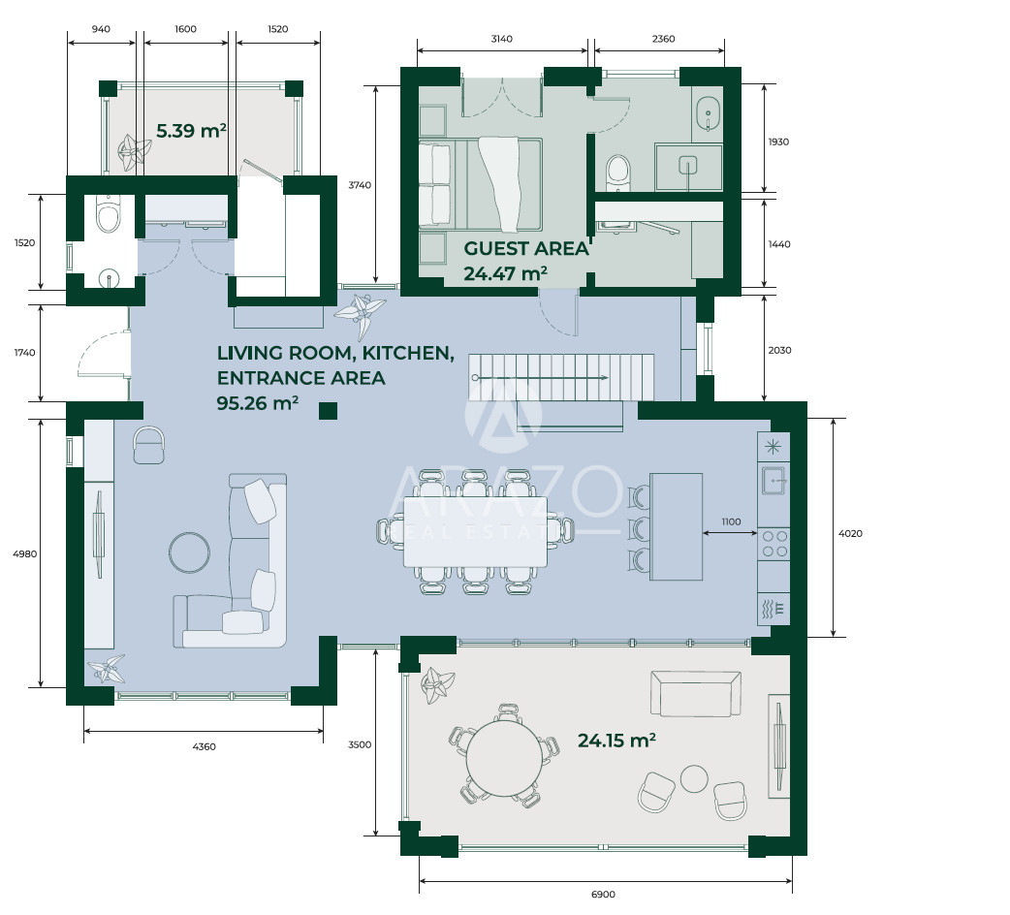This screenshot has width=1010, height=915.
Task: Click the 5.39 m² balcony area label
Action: click(x=191, y=131)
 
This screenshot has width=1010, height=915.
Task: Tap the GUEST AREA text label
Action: click(x=526, y=248)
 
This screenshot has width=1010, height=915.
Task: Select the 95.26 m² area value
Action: click(x=257, y=403)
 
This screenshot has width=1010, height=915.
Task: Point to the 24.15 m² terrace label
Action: click(x=616, y=741)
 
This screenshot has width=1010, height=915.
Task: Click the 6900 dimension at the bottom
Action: click(x=603, y=895)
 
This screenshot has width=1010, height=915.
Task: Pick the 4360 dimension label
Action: click(x=204, y=746)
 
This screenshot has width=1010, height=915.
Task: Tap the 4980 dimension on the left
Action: click(x=25, y=553)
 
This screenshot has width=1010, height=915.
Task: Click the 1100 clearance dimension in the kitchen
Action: click(x=731, y=521)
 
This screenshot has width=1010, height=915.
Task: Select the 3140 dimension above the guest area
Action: click(x=502, y=39)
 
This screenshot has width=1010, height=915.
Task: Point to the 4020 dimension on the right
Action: click(x=850, y=533)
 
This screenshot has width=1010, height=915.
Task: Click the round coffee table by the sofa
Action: click(x=189, y=552)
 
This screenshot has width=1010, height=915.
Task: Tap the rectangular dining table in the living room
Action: click(x=475, y=532)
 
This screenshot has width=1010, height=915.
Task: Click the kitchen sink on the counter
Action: click(x=773, y=480)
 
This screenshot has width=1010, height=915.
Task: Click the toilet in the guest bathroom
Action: click(x=618, y=172)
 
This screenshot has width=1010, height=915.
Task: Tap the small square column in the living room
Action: click(x=329, y=411)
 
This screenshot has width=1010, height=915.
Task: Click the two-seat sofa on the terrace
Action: click(x=696, y=693)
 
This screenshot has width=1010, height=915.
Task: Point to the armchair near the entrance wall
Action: click(x=149, y=444)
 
